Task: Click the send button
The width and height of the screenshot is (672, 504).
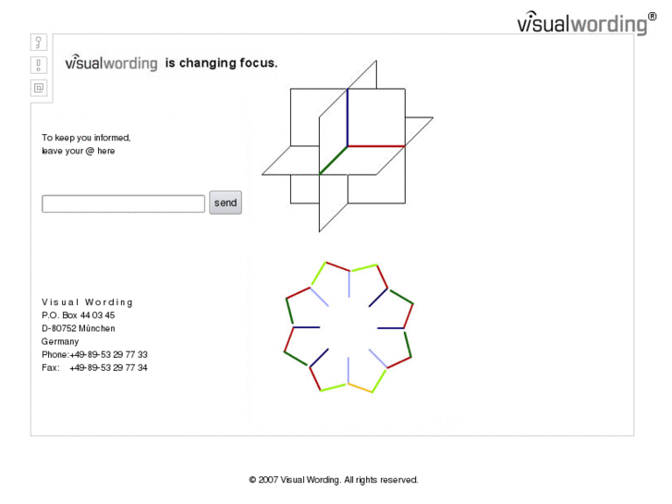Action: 226,203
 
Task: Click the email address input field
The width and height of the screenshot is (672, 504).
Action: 124,203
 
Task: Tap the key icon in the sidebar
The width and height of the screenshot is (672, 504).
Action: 39,42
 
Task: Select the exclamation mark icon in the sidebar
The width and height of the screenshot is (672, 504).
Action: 39,66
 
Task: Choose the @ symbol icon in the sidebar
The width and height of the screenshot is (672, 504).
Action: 39,88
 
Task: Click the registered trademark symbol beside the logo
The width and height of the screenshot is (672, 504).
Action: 652,17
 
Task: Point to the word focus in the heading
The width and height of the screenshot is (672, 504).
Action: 259,63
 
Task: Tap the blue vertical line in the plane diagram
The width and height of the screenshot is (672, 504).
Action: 348,117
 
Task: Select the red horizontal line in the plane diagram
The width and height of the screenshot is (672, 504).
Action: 376,146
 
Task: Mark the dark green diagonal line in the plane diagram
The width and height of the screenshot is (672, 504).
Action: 334,160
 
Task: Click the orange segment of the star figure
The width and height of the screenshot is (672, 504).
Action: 360,387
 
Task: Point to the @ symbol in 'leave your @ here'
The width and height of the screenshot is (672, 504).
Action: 90,151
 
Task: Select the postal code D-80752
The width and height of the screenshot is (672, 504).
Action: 59,328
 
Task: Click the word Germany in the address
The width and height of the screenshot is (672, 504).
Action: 60,342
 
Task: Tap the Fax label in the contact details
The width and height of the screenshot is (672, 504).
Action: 51,368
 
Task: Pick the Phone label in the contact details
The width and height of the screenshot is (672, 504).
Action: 55,355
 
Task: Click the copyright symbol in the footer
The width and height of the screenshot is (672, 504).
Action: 253,480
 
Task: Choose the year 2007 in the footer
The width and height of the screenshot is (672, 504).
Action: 268,480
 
